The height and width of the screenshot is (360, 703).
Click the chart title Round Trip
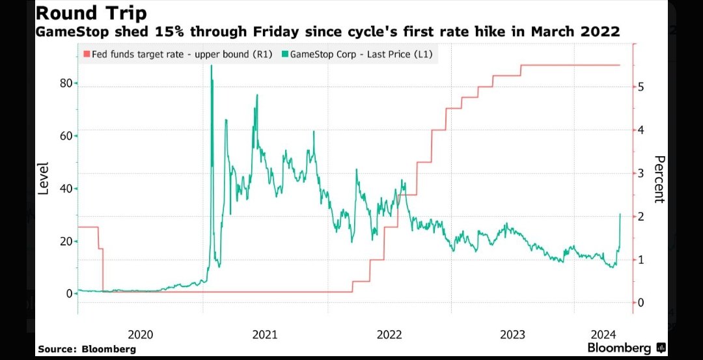pyautogui.click(x=91, y=13)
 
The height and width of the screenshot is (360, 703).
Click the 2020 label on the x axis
pyautogui.click(x=141, y=335)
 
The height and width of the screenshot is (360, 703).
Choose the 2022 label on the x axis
pyautogui.click(x=389, y=335)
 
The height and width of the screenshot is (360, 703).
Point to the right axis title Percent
pyautogui.click(x=658, y=180)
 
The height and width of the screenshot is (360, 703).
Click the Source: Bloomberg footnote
pyautogui.click(x=87, y=350)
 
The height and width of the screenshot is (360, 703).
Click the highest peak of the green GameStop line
pyautogui.click(x=211, y=66)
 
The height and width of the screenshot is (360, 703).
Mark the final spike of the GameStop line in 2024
pyautogui.click(x=620, y=214)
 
